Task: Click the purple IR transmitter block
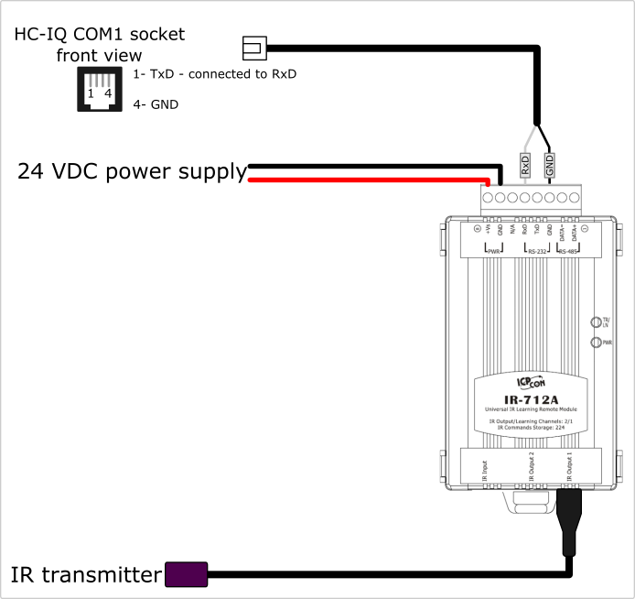tap(185, 574)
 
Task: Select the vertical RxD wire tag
tap(525, 165)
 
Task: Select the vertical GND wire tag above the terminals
tap(550, 165)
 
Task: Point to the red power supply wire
tap(366, 180)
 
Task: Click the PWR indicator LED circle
tap(597, 343)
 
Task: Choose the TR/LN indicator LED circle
tap(597, 322)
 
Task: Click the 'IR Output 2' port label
tap(532, 468)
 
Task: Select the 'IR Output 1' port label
tap(569, 468)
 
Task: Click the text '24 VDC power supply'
tap(132, 171)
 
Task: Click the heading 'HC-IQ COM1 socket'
tap(99, 35)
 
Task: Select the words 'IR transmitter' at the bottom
tap(85, 575)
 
